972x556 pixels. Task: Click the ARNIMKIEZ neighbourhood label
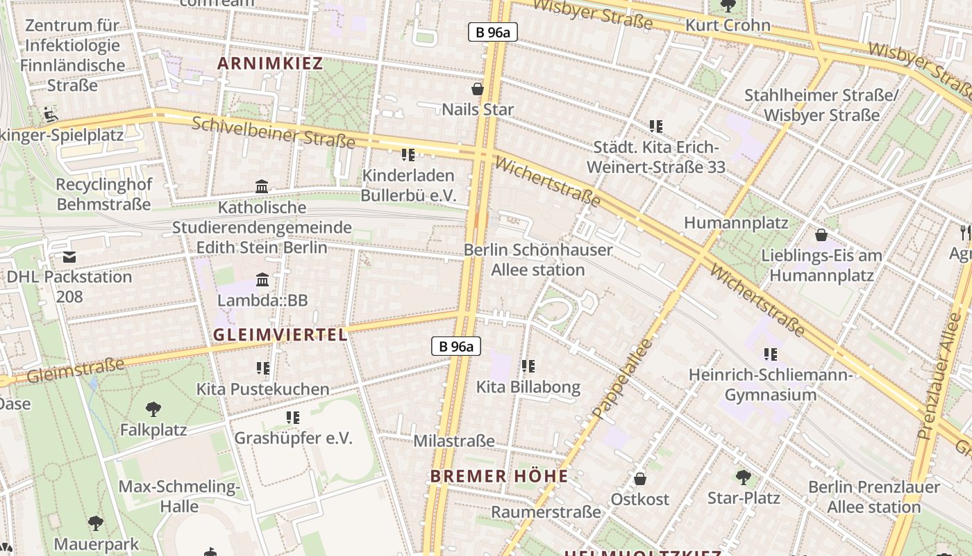pos(270,63)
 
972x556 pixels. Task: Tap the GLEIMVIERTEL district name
pos(280,334)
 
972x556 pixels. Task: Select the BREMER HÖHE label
pos(498,476)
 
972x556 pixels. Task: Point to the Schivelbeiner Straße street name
pos(273,132)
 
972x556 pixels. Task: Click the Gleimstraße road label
pos(76,370)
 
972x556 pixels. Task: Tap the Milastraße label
pos(454,441)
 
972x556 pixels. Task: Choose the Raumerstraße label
pos(546,512)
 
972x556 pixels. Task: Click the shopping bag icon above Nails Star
pos(478,89)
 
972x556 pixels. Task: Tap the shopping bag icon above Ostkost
pos(639,479)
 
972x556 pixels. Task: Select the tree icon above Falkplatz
pos(153,409)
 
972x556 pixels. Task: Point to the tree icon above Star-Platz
pos(744,477)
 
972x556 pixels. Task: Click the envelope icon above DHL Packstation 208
pos(69,257)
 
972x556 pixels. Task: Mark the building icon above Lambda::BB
pos(262,280)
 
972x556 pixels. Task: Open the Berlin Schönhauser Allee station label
pos(538,259)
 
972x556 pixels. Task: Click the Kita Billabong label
pos(528,387)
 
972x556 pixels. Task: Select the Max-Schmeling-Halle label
pos(179,496)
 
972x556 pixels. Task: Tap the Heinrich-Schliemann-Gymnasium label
pos(771,385)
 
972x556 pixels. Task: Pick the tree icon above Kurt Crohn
pos(728,6)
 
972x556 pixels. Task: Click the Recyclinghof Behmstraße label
pos(103,195)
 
